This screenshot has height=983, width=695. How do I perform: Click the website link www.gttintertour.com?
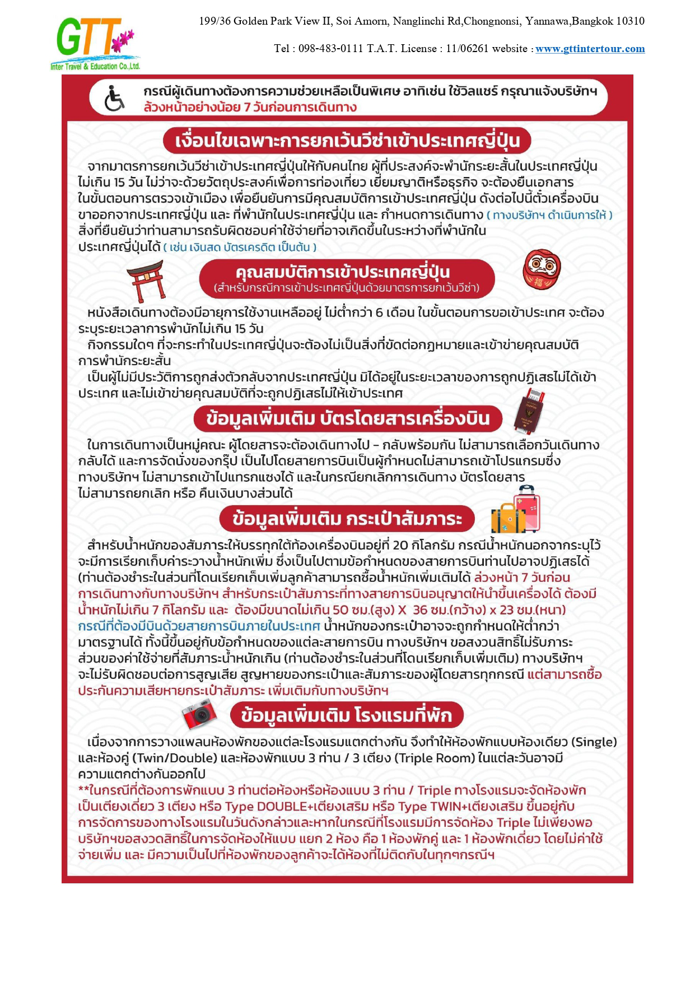pyautogui.click(x=590, y=49)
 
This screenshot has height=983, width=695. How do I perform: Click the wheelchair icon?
pyautogui.click(x=115, y=99)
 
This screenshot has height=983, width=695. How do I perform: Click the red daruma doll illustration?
pyautogui.click(x=541, y=269)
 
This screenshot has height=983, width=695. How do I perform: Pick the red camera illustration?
pyautogui.click(x=199, y=714)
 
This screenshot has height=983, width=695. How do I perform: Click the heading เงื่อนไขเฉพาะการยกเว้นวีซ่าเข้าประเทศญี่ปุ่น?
pyautogui.click(x=347, y=140)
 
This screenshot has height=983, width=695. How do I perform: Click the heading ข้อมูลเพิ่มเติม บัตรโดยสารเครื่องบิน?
pyautogui.click(x=347, y=418)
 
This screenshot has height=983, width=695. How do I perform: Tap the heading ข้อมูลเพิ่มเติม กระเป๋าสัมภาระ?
pyautogui.click(x=347, y=518)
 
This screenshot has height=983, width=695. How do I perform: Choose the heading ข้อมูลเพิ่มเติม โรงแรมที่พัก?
pyautogui.click(x=346, y=715)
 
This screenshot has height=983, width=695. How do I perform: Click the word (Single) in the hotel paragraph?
pyautogui.click(x=594, y=742)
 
